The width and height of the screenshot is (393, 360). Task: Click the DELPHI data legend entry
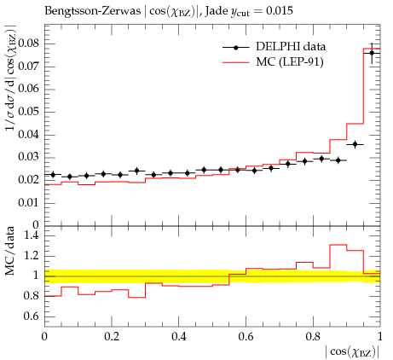point(275,47)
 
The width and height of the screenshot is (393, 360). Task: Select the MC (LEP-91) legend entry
point(273,61)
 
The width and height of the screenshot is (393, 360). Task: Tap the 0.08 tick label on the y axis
point(28,44)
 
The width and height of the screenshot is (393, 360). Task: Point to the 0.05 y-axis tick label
point(28,112)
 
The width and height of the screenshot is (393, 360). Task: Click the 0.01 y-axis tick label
point(28,203)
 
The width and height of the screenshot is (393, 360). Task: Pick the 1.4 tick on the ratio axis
point(32,235)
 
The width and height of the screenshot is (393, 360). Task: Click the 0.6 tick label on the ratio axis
point(32,316)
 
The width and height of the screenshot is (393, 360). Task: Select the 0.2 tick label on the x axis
point(112,337)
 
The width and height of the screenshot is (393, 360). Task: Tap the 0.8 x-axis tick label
point(313,337)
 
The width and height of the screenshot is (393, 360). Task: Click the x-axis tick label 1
point(380,337)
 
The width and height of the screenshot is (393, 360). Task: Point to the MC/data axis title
point(10,251)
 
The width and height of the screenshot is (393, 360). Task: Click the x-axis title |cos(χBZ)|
point(352,352)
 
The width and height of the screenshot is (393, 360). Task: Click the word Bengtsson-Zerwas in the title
point(93,11)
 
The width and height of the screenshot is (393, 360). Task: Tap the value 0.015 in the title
point(280,11)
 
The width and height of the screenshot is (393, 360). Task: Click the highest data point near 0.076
point(372,53)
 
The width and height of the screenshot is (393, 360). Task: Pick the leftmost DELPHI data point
point(53,174)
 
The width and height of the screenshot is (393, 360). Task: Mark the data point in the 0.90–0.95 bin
point(355,144)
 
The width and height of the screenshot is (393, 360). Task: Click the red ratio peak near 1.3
point(338,245)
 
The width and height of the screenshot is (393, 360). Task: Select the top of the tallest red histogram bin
point(372,49)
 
